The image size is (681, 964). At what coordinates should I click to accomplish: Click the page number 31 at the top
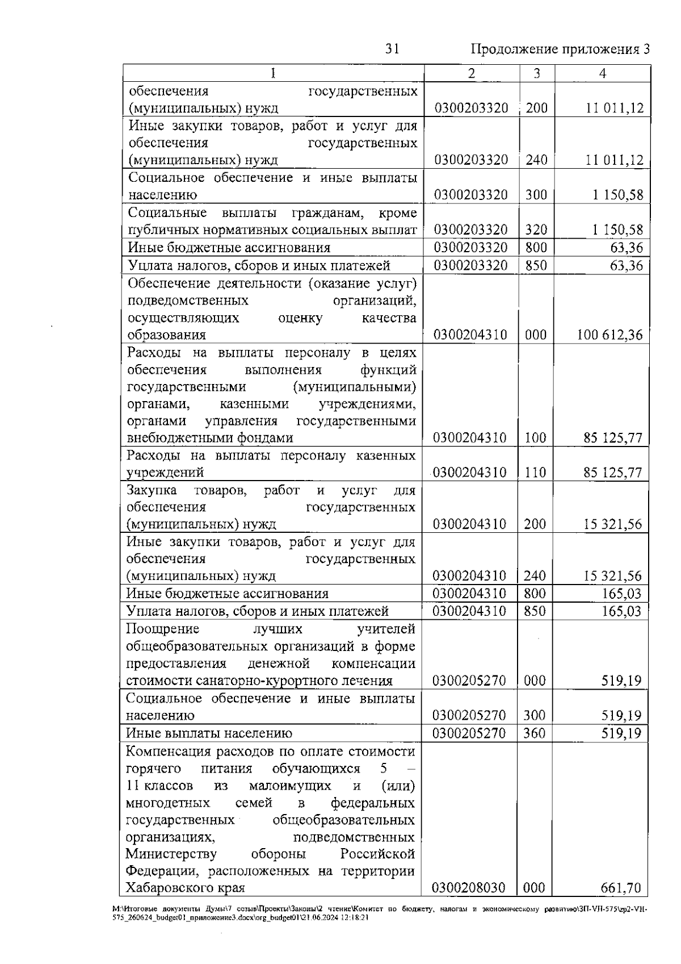392,49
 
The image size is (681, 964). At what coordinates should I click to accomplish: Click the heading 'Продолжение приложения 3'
560,49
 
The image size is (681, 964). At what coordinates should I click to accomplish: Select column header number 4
603,74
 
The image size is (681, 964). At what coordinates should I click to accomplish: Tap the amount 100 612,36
610,335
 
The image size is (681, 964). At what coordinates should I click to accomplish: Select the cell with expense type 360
535,733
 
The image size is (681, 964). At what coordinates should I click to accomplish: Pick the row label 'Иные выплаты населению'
209,733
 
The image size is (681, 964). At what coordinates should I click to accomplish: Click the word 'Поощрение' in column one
162,629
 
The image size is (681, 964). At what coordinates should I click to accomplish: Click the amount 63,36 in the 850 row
627,265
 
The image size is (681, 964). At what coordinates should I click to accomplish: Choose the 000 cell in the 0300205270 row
535,681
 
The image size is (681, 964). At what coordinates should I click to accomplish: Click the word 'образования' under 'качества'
166,335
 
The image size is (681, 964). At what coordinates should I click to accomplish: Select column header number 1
274,74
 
